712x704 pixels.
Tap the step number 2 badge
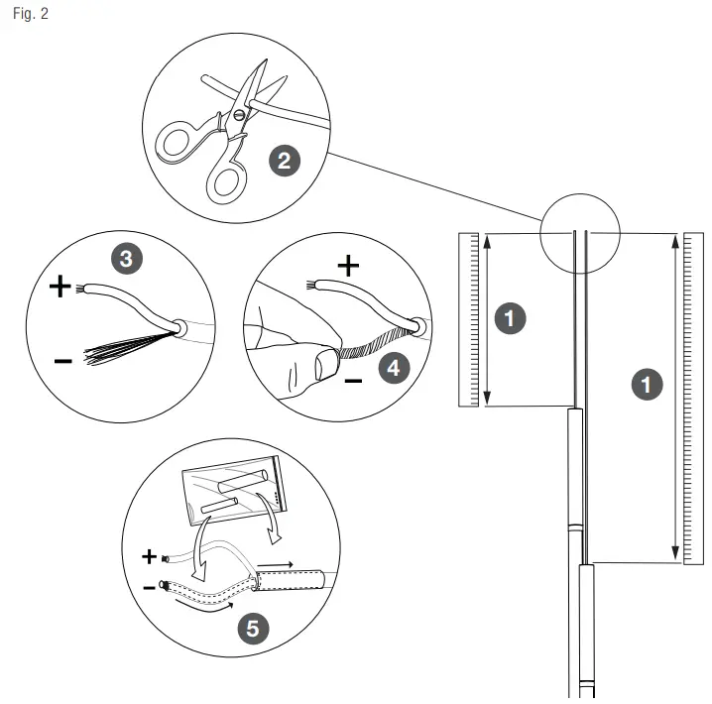pyautogui.click(x=285, y=162)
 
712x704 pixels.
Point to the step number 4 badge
pyautogui.click(x=394, y=368)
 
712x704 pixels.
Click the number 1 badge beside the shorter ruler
pyautogui.click(x=510, y=319)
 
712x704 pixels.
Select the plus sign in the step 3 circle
pyautogui.click(x=60, y=288)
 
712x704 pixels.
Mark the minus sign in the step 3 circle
pyautogui.click(x=62, y=361)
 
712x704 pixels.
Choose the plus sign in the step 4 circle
pyautogui.click(x=348, y=265)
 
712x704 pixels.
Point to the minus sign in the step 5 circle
pyautogui.click(x=149, y=587)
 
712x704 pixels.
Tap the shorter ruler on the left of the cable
pyautogui.click(x=469, y=319)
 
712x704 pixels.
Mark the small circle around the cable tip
pyautogui.click(x=579, y=235)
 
